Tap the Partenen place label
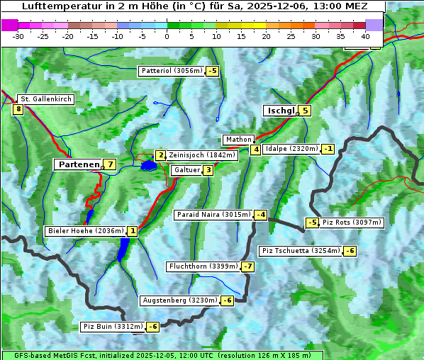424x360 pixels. (79, 164)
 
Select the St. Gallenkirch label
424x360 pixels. (46, 99)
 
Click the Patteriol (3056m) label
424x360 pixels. (172, 71)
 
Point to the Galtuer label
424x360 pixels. (186, 170)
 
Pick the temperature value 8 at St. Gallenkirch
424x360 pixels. (18, 109)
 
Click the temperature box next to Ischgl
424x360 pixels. (305, 110)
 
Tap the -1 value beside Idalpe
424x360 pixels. (328, 149)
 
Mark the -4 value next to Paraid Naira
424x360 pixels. (261, 215)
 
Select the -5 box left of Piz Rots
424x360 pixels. (312, 223)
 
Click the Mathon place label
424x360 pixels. (238, 140)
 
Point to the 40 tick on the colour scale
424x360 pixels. (365, 35)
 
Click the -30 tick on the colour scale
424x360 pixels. (18, 35)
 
